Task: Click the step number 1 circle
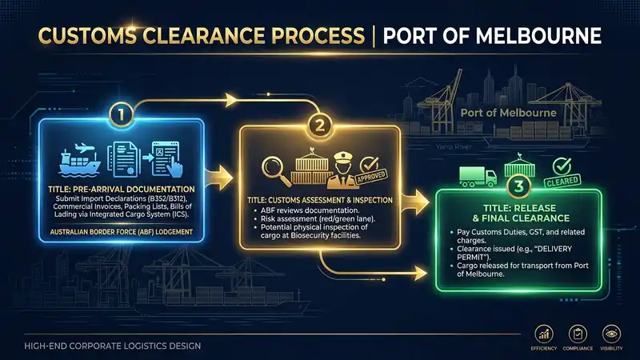click(x=122, y=114)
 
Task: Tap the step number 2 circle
click(x=319, y=125)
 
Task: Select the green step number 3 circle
click(x=518, y=186)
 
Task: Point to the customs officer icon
click(x=342, y=170)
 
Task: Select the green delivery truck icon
click(x=478, y=176)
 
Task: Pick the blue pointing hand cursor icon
click(x=174, y=168)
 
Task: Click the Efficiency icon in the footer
click(x=544, y=334)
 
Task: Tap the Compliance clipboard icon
click(x=578, y=334)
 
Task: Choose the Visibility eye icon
click(x=611, y=334)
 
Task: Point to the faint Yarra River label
click(x=454, y=146)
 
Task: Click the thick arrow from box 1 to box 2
click(x=218, y=178)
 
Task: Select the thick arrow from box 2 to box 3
click(x=414, y=202)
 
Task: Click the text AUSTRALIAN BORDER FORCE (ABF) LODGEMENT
click(x=122, y=232)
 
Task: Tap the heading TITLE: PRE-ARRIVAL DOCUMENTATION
click(x=122, y=190)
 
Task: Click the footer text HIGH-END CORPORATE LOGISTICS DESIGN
click(x=112, y=346)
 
